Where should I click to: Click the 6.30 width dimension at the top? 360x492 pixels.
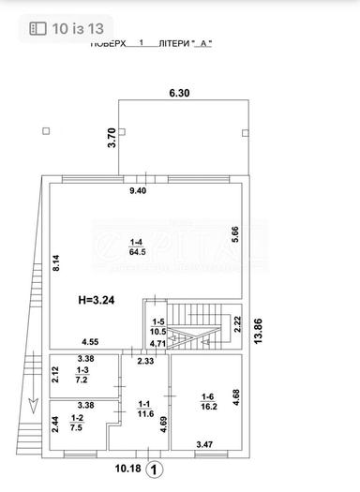click(x=179, y=93)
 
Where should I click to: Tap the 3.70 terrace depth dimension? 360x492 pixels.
click(x=111, y=139)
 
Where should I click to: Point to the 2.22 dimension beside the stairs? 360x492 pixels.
click(x=236, y=326)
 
